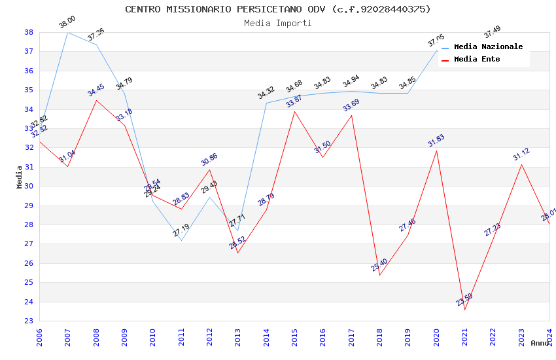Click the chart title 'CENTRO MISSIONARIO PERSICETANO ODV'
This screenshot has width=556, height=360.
coord(277,9)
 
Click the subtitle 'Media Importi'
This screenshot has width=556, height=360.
coord(277,23)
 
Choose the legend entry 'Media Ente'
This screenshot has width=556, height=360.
coord(477,59)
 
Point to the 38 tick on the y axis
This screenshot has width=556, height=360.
coord(29,32)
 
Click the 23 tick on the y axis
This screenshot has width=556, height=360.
coord(29,321)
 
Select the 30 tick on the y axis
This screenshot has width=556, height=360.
coord(29,186)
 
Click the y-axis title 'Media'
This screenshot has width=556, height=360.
coord(20,177)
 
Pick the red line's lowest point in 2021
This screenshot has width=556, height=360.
coord(465,310)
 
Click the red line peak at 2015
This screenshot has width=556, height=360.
coord(294,111)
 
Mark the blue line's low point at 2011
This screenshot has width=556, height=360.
coord(181,240)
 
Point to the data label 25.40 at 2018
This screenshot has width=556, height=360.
coord(379,265)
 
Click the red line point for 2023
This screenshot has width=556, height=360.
coord(521,164)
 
